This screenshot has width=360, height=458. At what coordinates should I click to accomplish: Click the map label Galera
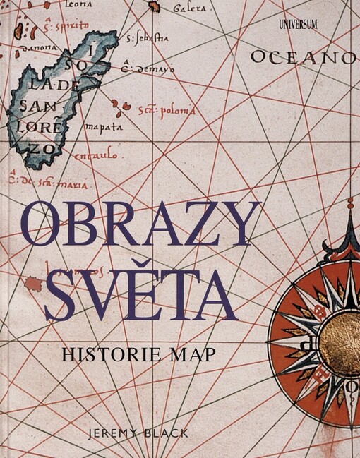[x=189, y=9]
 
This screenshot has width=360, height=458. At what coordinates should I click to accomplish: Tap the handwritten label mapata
[x=104, y=128]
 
